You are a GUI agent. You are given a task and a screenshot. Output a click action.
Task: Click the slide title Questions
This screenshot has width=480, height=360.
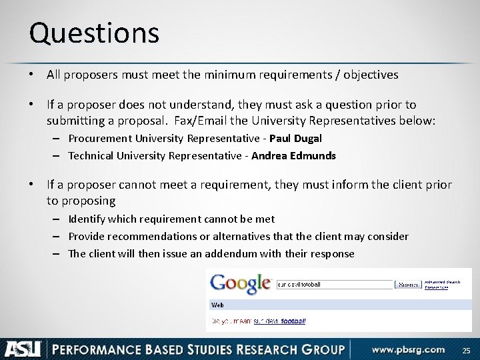click(x=94, y=33)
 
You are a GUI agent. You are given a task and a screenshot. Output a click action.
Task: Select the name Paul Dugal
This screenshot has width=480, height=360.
click(x=295, y=139)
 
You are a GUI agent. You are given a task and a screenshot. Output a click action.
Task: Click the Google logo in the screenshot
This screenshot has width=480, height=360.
click(x=241, y=283)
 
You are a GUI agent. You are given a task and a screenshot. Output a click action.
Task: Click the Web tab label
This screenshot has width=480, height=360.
click(x=217, y=305)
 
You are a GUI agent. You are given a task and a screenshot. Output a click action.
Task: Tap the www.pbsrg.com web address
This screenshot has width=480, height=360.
click(x=408, y=349)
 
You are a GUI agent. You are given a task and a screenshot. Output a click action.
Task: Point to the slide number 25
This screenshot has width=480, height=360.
click(x=465, y=349)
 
